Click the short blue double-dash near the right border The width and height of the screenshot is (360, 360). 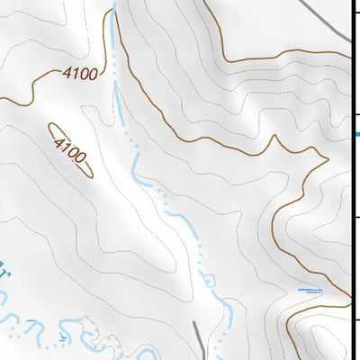(310, 290)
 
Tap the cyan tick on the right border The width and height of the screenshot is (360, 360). (355, 134)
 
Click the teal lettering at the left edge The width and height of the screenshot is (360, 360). (4, 270)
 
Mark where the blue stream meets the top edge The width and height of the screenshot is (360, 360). (113, 4)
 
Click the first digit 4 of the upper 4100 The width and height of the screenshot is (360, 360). (66, 72)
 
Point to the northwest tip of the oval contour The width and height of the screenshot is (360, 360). (50, 126)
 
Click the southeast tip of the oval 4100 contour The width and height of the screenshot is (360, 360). (91, 175)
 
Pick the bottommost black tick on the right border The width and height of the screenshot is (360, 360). (355, 320)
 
